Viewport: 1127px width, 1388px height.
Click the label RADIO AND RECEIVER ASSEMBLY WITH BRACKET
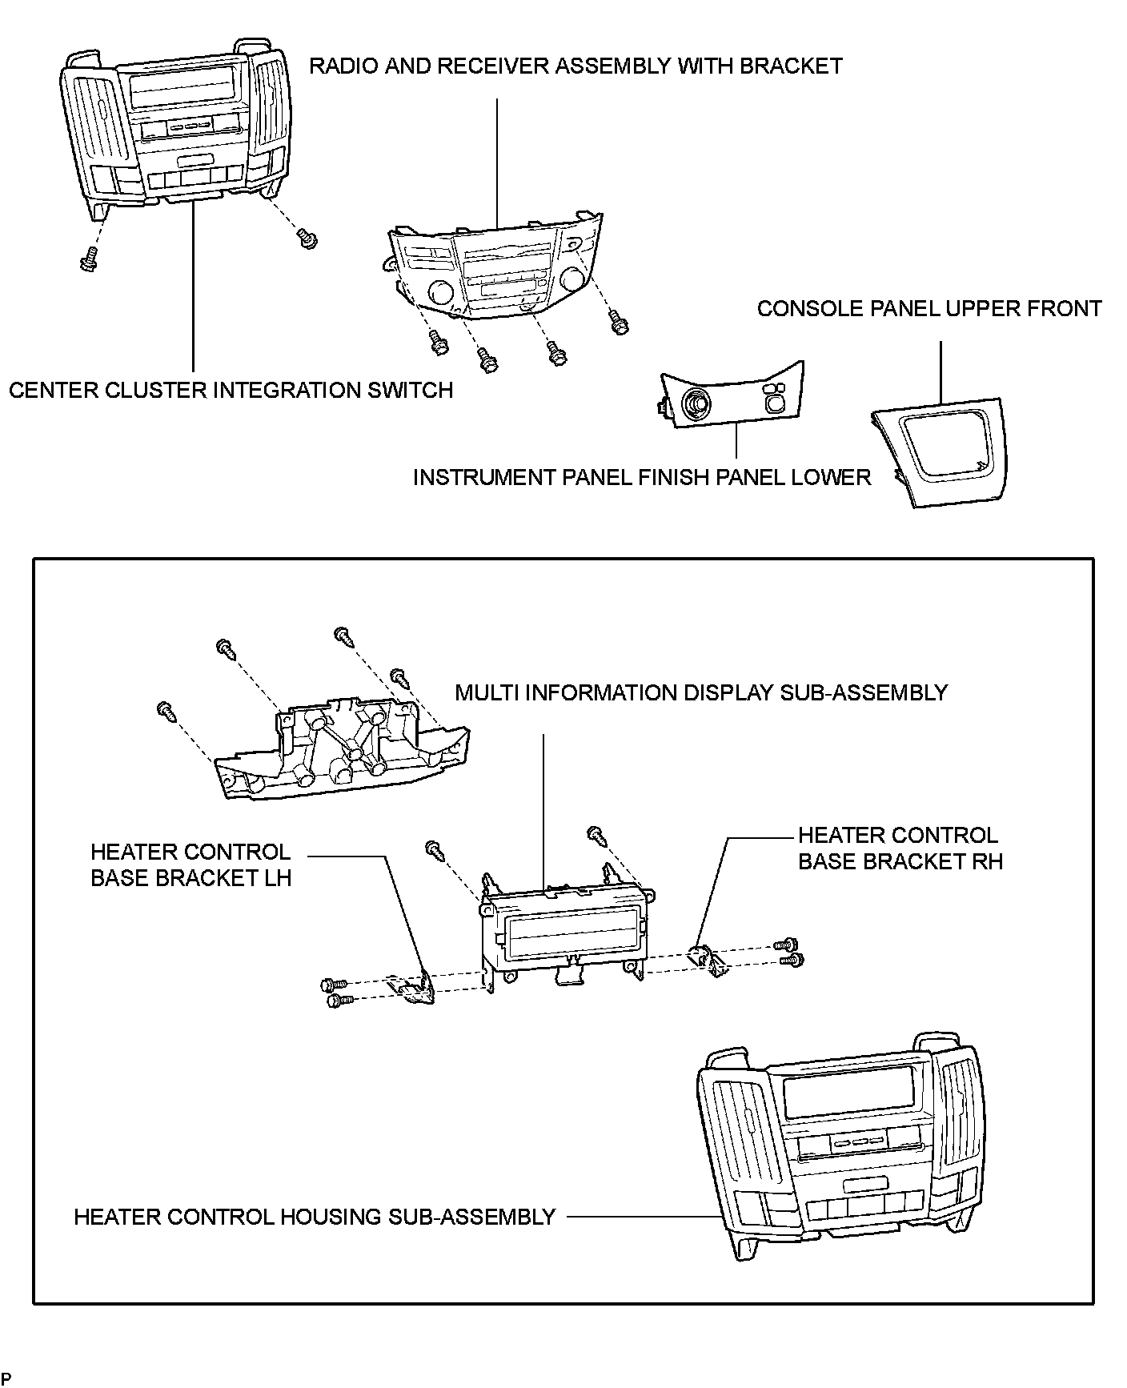(x=576, y=66)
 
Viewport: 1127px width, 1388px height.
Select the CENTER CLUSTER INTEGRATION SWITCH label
(x=231, y=391)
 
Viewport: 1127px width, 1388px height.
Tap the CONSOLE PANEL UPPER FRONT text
(x=928, y=309)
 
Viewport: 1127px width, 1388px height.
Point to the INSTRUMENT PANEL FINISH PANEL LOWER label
(x=641, y=478)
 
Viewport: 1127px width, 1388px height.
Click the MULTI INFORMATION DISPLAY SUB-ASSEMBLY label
(x=700, y=692)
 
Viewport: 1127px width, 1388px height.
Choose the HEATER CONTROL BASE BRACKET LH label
(x=191, y=864)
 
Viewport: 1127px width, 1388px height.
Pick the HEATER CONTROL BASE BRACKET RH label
(x=900, y=848)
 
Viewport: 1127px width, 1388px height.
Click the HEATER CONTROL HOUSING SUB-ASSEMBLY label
(x=315, y=1218)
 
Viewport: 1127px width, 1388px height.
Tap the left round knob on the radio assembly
(x=441, y=293)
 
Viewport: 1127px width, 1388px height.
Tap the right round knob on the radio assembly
(x=572, y=279)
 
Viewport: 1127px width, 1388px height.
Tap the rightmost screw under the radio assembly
(x=619, y=324)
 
